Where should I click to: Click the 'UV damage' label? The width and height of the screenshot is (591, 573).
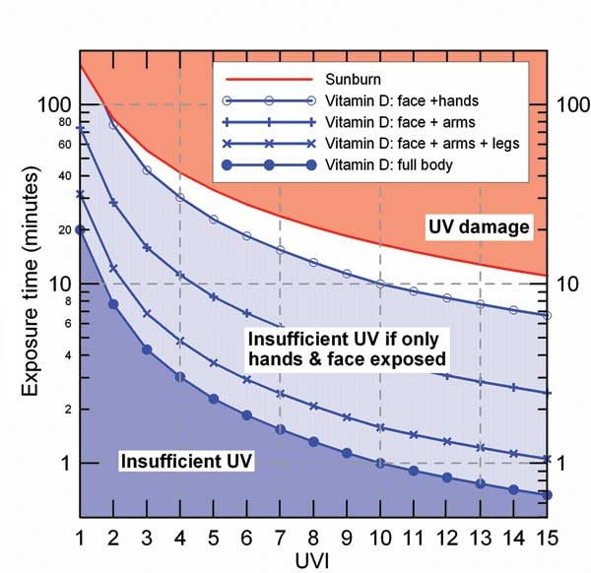point(479,227)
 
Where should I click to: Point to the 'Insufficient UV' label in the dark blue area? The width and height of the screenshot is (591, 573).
point(186,460)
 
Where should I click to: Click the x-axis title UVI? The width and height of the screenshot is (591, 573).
point(313,558)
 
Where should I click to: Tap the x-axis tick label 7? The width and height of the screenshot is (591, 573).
point(281,536)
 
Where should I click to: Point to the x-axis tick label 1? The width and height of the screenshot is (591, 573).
point(80,536)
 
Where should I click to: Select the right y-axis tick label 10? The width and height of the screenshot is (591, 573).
point(570,284)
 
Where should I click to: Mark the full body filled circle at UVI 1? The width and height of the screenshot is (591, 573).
point(80,229)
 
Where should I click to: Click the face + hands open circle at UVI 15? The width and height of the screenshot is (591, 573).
point(548,316)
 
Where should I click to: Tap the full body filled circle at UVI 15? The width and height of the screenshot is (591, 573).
point(548,494)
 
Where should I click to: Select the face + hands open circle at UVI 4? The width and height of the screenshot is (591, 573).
point(180,197)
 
